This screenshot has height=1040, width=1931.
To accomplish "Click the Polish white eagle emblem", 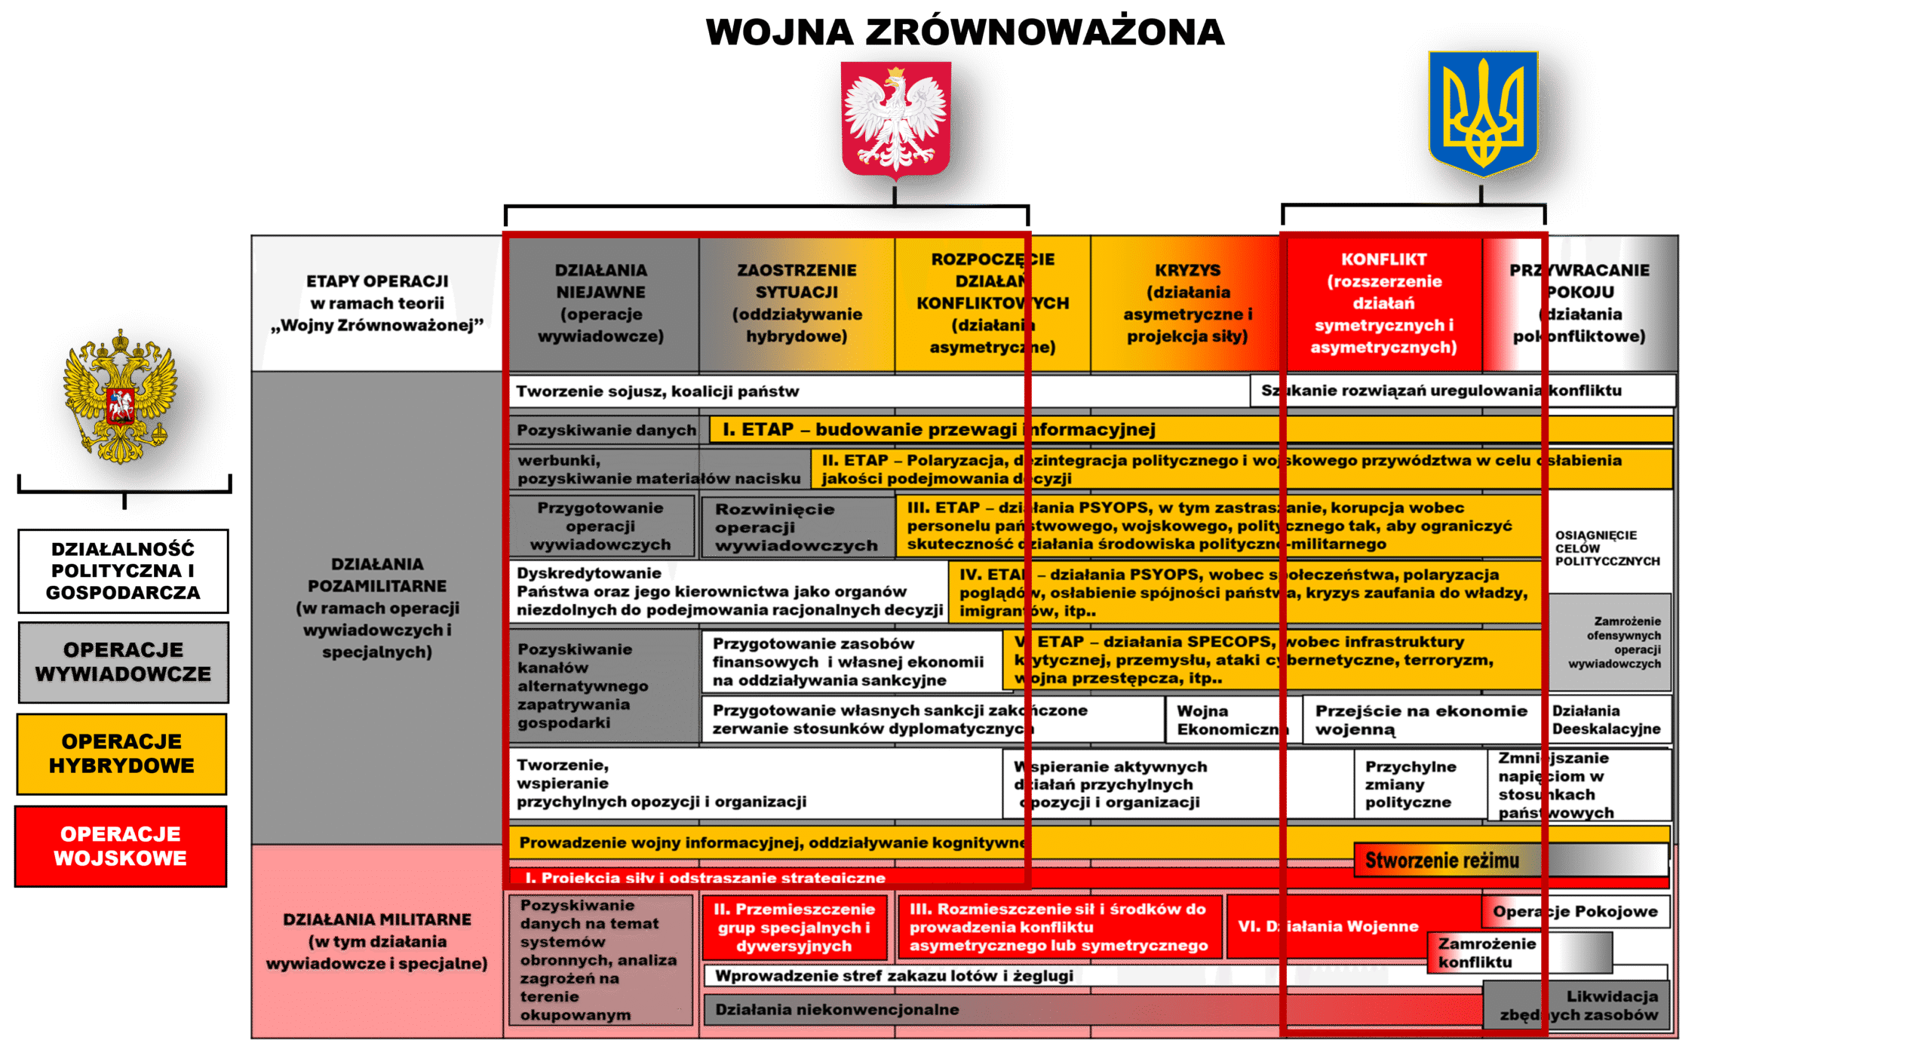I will [x=895, y=119].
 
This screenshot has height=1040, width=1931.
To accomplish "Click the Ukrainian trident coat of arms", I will [x=1483, y=113].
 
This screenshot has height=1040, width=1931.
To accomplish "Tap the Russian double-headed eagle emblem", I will [x=121, y=396].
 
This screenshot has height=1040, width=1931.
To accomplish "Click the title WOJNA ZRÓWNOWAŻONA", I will [x=965, y=32].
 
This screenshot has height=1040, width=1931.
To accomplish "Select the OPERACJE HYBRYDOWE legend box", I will [x=121, y=753].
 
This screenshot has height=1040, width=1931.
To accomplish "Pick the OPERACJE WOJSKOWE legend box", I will [x=121, y=845].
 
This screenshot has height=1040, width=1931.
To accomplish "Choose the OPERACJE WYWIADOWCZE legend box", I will [x=123, y=661].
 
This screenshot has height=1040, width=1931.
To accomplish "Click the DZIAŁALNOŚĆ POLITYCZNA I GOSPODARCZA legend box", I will [x=123, y=570].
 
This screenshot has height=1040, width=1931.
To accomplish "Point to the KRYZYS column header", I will [x=1187, y=303].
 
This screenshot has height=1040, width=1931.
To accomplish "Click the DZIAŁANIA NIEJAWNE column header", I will [x=601, y=303].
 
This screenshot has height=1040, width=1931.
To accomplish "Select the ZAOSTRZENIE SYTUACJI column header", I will [x=797, y=303].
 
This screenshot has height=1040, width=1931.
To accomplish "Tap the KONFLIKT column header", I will [x=1383, y=303].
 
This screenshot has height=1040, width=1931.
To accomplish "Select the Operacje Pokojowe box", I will [x=1575, y=911].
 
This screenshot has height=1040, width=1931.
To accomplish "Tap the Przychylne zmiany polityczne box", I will [x=1410, y=784].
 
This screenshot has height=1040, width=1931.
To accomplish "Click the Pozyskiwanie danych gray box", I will [x=607, y=430].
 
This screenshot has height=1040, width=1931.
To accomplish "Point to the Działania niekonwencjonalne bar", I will [x=837, y=1009].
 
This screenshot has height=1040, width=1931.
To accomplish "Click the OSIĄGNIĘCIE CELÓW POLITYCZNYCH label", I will [x=1607, y=548].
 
